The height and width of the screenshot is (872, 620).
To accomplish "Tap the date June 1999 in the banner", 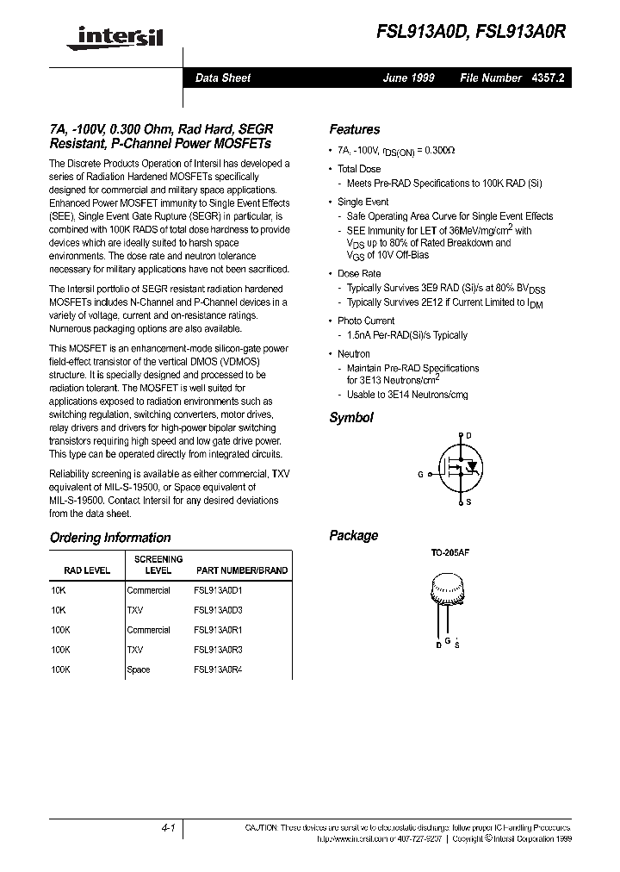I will click(409, 78).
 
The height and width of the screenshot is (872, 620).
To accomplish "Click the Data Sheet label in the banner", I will click(223, 78).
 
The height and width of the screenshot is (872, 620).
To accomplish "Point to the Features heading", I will click(354, 129).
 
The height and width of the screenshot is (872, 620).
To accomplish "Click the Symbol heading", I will click(351, 417).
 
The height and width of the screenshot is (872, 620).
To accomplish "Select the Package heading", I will click(353, 535).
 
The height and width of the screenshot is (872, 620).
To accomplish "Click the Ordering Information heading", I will click(110, 538).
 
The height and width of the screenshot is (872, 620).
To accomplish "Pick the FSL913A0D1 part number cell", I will click(219, 591).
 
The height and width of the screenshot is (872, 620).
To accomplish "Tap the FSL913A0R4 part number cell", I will click(219, 670).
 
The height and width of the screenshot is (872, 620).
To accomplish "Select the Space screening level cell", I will click(139, 670).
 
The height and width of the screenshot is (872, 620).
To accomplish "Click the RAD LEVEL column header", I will click(87, 570).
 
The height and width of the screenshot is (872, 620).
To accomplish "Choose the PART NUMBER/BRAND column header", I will click(242, 570).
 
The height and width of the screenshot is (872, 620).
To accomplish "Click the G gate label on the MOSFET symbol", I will click(421, 474).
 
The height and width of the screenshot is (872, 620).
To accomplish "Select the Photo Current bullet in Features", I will click(366, 321).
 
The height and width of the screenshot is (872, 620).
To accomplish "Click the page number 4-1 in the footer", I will click(168, 828).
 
